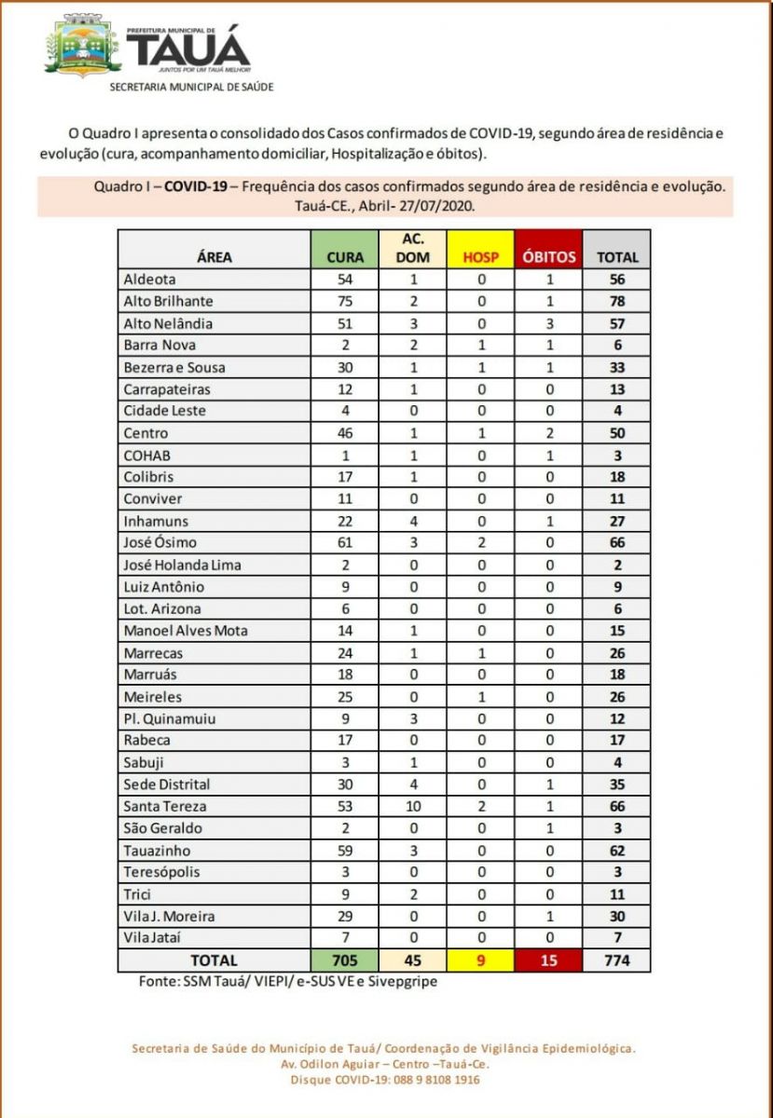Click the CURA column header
(345, 257)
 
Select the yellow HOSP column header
(480, 257)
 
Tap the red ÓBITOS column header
(548, 257)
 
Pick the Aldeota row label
(149, 279)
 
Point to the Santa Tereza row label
(165, 807)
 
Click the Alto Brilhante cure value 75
(345, 301)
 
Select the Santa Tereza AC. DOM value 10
(413, 807)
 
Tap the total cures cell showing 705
(345, 960)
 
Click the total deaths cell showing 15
(548, 960)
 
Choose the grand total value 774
(616, 960)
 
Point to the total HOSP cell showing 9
(480, 960)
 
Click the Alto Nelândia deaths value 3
(548, 323)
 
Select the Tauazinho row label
(160, 851)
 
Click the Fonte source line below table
(277, 980)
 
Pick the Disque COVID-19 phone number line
(385, 1080)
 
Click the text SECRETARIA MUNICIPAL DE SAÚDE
(191, 87)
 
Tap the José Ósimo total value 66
(616, 543)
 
